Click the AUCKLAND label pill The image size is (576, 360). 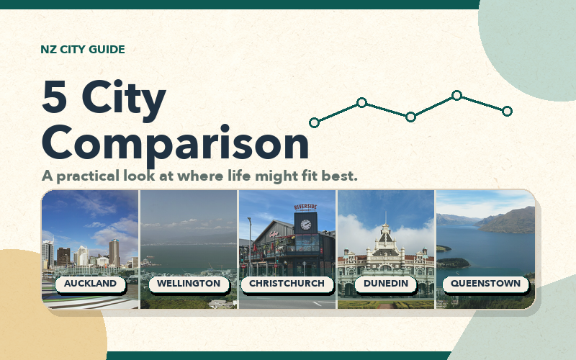[91, 284]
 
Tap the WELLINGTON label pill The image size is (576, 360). [189, 284]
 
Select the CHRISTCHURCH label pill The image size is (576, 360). [287, 284]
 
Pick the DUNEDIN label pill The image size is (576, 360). [386, 284]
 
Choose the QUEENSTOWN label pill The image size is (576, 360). [485, 284]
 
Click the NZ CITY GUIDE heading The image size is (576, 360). [83, 49]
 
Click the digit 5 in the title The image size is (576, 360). [55, 96]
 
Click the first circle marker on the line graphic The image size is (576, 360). [314, 122]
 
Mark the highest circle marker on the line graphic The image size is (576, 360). [456, 96]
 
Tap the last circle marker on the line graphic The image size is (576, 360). [507, 111]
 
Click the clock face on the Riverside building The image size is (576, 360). [305, 225]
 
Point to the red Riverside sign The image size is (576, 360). [305, 207]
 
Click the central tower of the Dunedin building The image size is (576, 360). [385, 239]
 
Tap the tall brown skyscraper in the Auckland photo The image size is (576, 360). [114, 253]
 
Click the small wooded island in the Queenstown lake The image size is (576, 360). [453, 263]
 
